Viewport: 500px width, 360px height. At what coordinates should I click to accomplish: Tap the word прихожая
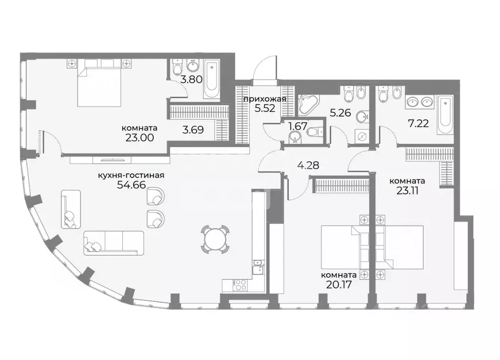coord(265,99)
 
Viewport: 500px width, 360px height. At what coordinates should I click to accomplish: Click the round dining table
coord(216,240)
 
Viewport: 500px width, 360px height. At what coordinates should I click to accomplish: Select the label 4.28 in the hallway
coord(308,165)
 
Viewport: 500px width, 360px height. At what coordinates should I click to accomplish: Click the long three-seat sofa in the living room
coord(114,242)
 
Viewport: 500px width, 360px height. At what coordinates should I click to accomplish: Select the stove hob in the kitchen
coord(239,284)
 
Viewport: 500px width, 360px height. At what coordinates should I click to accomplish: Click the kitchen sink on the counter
coord(258,268)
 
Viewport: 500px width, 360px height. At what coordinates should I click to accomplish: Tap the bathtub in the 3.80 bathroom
coord(212,79)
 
